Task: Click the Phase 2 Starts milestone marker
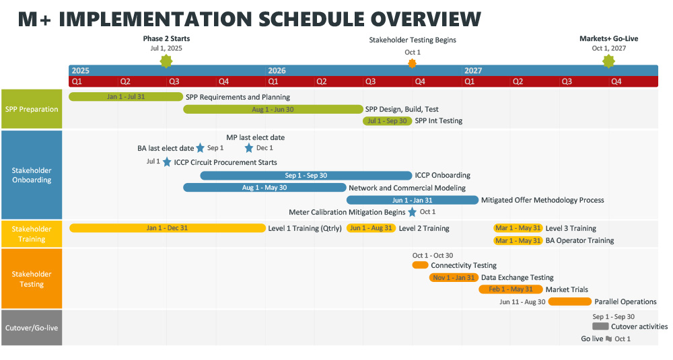pos(166,62)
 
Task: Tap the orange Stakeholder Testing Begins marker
pos(413,63)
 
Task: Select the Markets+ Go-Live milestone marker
pos(608,62)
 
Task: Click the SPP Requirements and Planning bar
pos(126,97)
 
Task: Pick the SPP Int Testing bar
pos(387,121)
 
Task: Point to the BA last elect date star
pos(200,148)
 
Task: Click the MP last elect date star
pos(249,148)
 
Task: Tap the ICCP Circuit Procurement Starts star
pos(167,162)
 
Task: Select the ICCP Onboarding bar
pos(306,176)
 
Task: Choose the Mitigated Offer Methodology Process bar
pos(412,200)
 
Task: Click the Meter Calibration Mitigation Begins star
pos(412,212)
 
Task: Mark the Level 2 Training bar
pos(371,228)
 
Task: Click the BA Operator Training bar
pos(518,241)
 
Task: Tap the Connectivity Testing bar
pos(420,265)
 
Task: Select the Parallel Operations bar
pos(569,301)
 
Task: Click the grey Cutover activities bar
pos(600,326)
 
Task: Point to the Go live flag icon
pos(608,339)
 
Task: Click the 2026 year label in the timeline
pos(277,71)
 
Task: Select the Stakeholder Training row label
pos(32,234)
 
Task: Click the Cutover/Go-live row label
pos(32,328)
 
